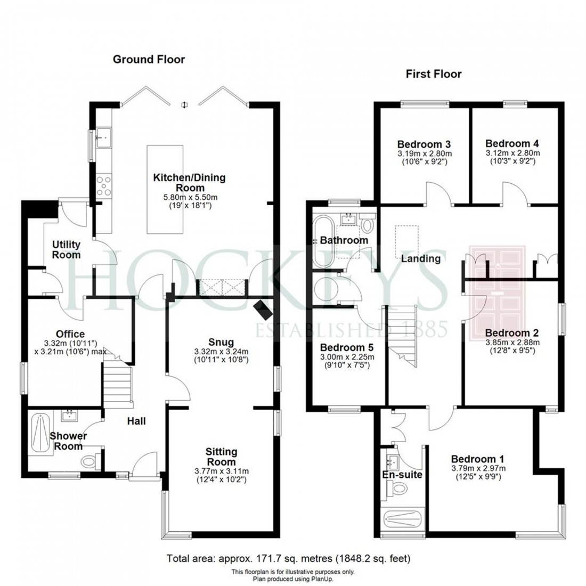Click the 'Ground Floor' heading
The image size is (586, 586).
pos(149,59)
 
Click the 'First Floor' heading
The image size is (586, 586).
pos(433,74)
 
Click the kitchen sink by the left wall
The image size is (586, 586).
pos(103,138)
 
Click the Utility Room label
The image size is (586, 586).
pos(66,249)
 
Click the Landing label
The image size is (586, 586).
pos(421,259)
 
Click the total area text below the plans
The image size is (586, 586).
pos(289,559)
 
